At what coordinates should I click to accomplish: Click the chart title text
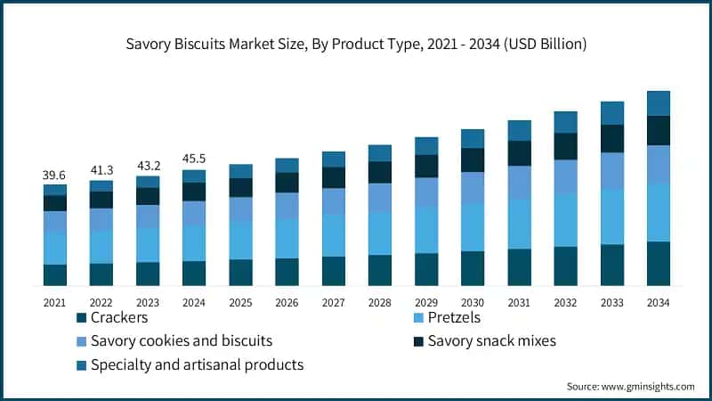(x=356, y=43)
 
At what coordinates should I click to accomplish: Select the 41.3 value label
(x=101, y=170)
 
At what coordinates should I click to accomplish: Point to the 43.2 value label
(x=147, y=166)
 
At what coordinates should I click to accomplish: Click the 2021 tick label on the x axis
(x=54, y=303)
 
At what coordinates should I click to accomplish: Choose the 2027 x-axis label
(x=333, y=303)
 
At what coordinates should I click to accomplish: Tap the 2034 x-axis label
(x=658, y=303)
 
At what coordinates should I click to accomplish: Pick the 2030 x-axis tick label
(x=472, y=303)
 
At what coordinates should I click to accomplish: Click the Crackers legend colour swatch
(x=81, y=318)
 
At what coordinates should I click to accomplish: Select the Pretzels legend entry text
(x=454, y=318)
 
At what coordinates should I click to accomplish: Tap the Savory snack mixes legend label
(x=492, y=341)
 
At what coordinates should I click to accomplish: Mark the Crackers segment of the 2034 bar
(x=658, y=264)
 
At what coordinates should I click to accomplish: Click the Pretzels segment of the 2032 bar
(x=565, y=219)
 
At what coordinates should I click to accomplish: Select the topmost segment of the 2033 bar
(x=611, y=112)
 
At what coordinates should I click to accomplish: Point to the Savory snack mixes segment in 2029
(x=425, y=166)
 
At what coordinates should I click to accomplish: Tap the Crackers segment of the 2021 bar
(x=54, y=275)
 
